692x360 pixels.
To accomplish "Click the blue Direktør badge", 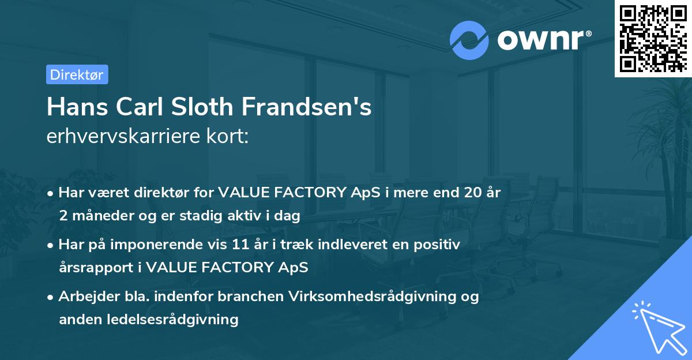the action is pos(77,74).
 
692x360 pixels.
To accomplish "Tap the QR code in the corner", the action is pos(653,39).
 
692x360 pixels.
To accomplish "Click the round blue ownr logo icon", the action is pos(469,40).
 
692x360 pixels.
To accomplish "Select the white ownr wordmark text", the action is pos(544,40).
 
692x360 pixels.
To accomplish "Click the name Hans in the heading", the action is pos(77,107).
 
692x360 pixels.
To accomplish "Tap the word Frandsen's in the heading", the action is pos(306,107).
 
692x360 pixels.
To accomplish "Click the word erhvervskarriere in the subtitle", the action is pos(123,136).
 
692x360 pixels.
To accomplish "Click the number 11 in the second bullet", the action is pos(240,245).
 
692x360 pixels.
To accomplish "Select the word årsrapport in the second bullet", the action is pos(96,268).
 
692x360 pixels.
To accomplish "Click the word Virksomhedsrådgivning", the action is pos(373,297).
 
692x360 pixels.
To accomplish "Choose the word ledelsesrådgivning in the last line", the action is pos(172,320).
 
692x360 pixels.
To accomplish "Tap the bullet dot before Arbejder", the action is pos(50,298).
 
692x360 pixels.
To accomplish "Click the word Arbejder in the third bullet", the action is pos(89,297).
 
